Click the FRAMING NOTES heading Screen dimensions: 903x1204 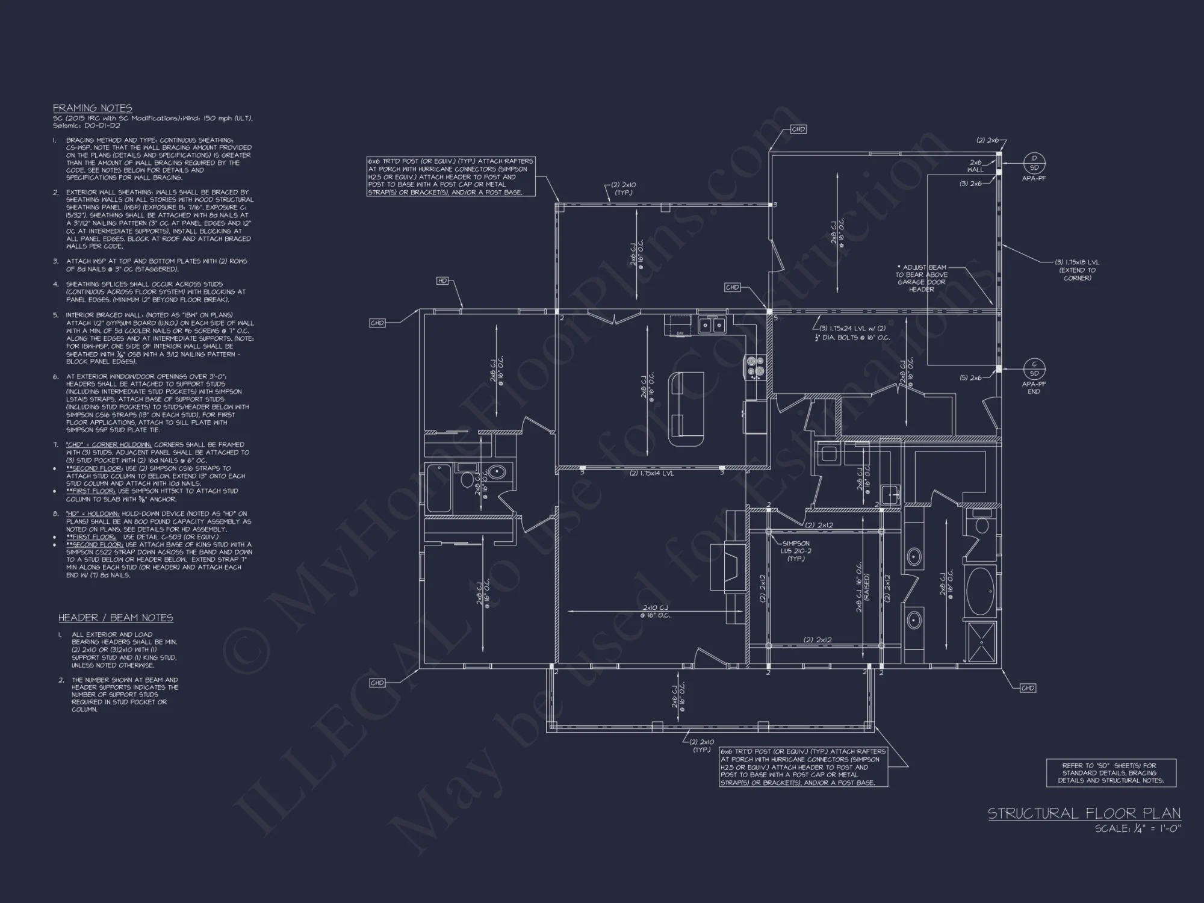point(92,108)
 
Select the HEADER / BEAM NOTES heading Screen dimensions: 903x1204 point(116,618)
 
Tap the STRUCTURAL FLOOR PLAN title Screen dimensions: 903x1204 point(1084,814)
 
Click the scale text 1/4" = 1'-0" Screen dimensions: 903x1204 point(1138,829)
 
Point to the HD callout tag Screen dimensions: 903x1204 point(442,281)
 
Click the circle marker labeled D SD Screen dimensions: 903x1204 point(1034,163)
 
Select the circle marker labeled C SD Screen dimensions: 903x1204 point(1034,368)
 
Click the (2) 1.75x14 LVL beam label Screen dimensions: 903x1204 point(652,473)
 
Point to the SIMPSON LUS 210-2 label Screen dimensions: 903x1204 point(795,551)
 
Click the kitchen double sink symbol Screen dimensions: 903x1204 point(712,325)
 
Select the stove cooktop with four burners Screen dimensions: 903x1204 point(756,366)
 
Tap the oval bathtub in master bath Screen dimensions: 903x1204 point(980,590)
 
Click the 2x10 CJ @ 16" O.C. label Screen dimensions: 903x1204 point(655,611)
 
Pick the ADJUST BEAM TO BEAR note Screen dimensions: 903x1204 point(921,278)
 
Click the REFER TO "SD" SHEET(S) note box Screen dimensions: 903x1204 point(1111,773)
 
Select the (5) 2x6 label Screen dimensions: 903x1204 point(970,378)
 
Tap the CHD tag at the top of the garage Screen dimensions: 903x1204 point(798,129)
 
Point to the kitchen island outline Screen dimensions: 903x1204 point(686,408)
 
